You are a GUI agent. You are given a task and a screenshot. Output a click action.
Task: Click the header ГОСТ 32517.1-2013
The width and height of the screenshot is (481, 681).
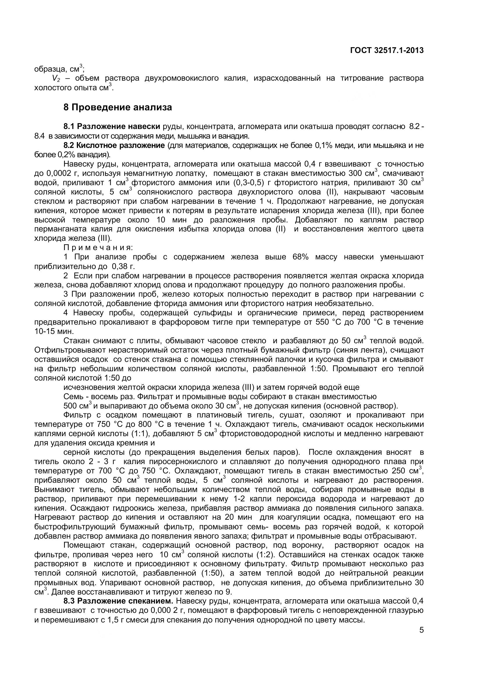(387, 51)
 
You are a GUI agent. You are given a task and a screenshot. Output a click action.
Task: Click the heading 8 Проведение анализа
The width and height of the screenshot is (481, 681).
(118, 107)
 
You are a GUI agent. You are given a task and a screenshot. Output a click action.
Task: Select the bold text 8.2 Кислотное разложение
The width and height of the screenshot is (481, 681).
(114, 145)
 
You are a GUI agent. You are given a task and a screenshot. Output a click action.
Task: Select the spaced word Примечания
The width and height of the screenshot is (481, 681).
(98, 247)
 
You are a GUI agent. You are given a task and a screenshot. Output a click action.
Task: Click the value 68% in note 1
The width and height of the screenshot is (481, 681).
(300, 257)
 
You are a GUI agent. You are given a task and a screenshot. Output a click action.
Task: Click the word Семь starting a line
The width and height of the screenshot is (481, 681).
(72, 397)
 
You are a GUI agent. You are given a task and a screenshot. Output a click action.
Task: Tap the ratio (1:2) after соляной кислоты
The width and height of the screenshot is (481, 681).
(264, 555)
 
